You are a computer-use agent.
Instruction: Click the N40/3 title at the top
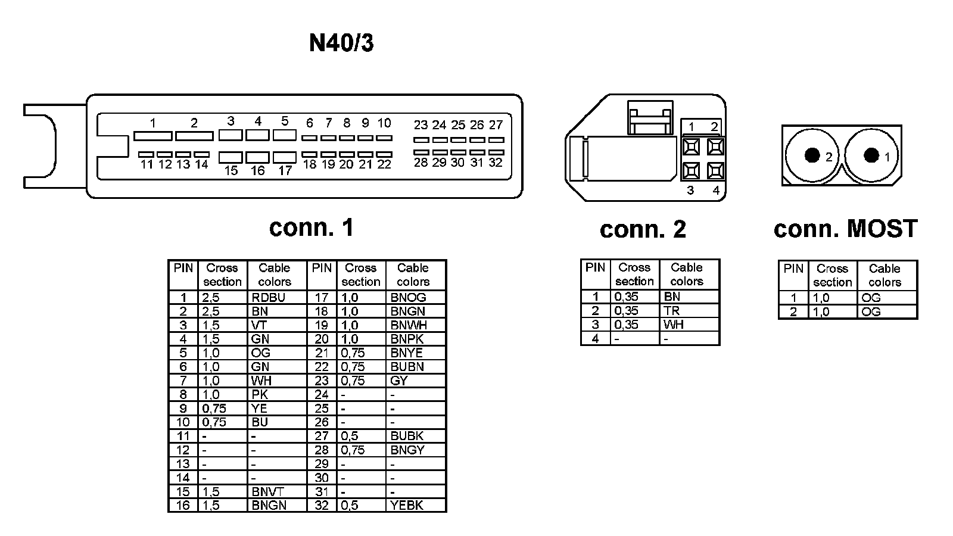click(x=341, y=43)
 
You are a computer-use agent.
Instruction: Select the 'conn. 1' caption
click(x=312, y=228)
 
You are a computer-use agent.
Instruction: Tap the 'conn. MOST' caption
click(x=845, y=229)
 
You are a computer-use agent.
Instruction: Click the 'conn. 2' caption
click(x=643, y=229)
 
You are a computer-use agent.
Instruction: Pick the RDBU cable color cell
click(x=268, y=297)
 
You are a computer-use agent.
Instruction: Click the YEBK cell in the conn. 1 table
click(x=407, y=506)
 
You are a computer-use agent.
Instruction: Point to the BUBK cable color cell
click(x=407, y=436)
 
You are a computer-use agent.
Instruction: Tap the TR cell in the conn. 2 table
click(x=672, y=311)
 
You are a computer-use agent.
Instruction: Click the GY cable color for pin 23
click(x=399, y=381)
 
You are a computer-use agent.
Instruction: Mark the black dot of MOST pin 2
click(x=811, y=155)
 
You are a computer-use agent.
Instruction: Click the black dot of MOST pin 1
click(x=871, y=155)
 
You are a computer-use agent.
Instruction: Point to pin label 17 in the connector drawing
click(x=285, y=171)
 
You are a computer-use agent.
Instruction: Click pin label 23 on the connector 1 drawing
click(x=421, y=125)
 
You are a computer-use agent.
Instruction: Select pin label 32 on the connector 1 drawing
click(x=496, y=163)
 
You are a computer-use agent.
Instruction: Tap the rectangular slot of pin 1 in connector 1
click(x=153, y=136)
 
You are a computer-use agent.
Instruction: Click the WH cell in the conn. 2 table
click(x=674, y=325)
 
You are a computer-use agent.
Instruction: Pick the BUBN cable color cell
click(x=407, y=367)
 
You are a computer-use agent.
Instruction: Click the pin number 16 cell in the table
click(x=183, y=506)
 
